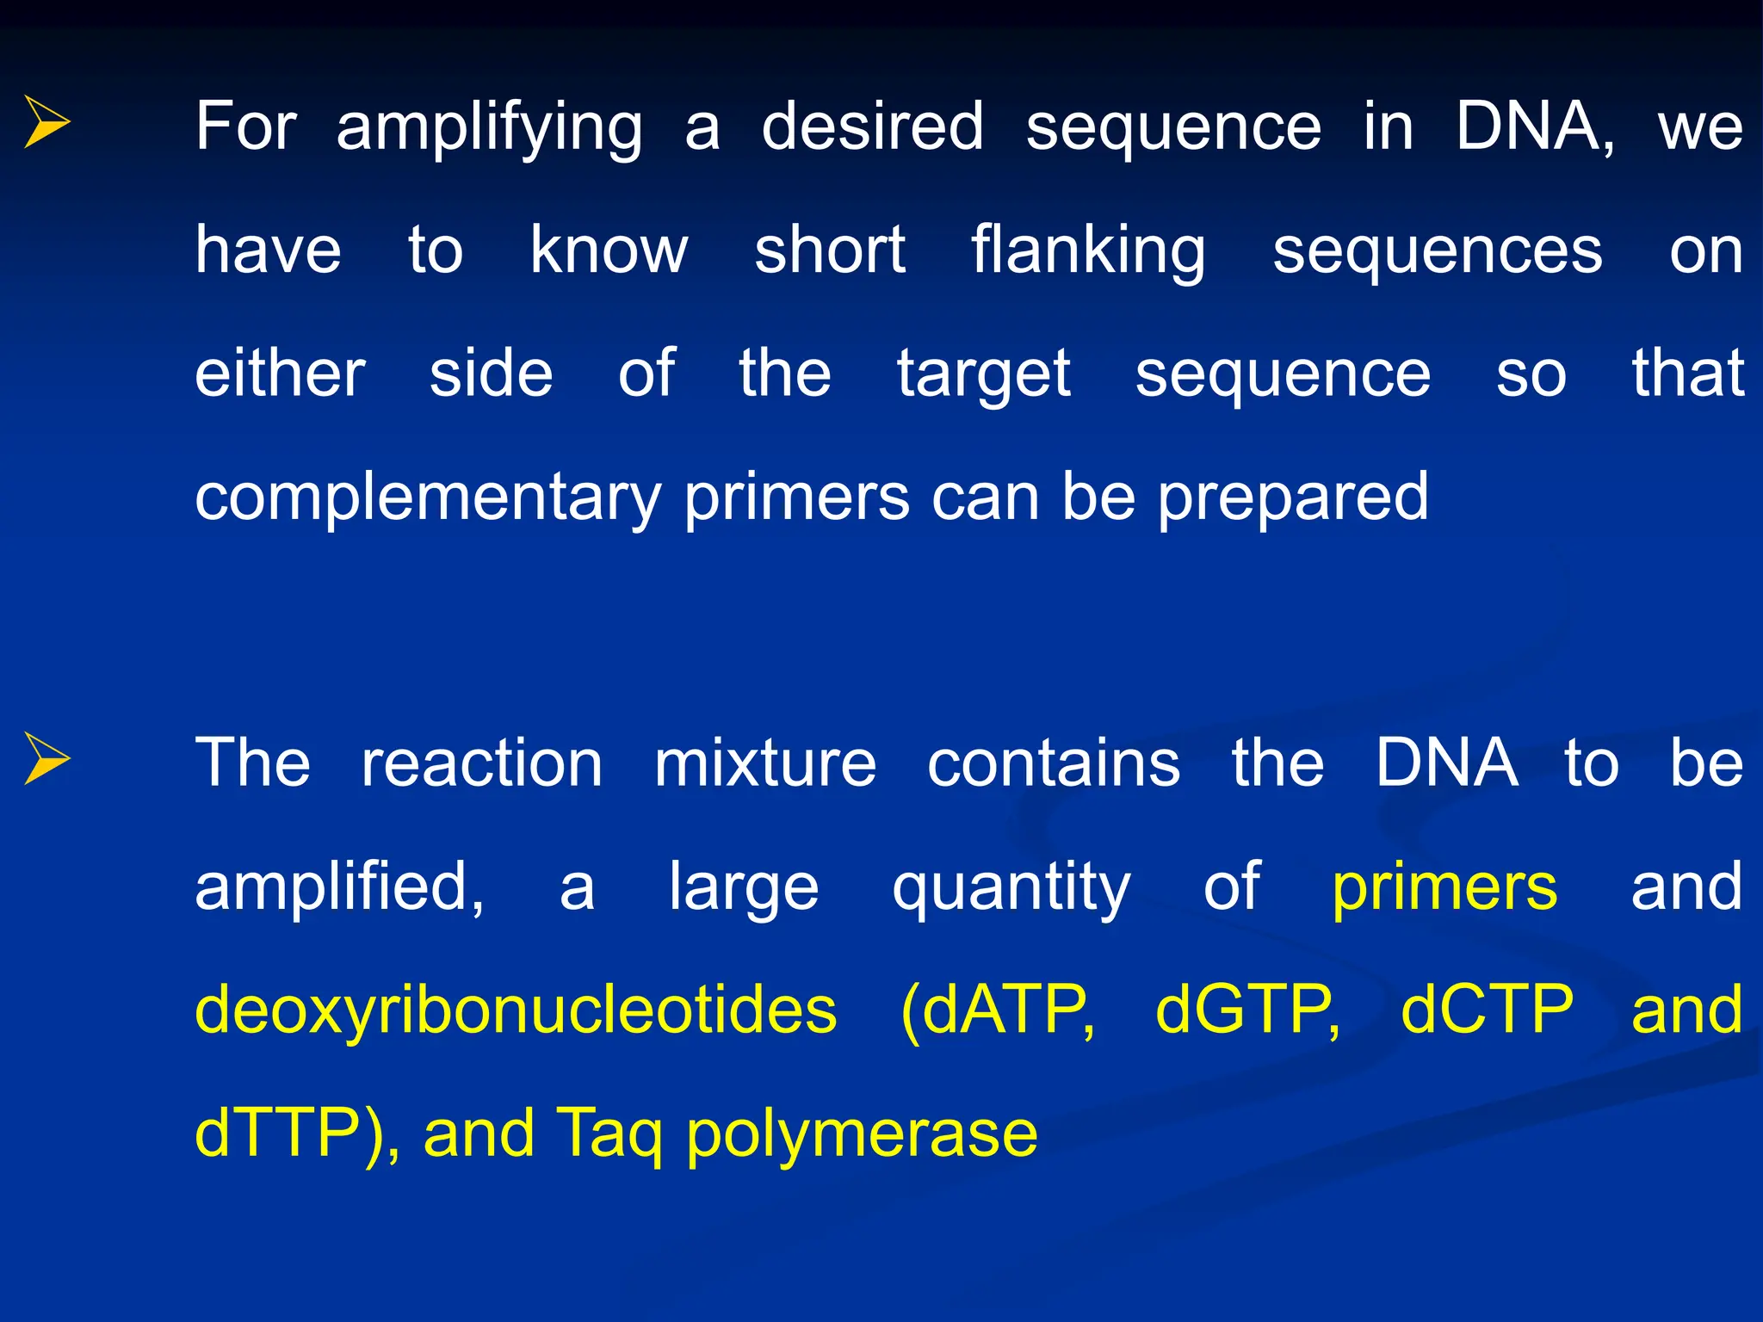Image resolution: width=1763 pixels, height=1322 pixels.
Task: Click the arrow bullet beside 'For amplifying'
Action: tap(47, 122)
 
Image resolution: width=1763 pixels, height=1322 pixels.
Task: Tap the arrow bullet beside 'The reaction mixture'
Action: tap(47, 759)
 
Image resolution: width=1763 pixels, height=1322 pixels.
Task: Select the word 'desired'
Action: tap(872, 127)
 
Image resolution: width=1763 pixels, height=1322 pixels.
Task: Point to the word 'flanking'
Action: tap(1088, 251)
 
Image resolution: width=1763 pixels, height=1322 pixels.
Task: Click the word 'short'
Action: tap(830, 250)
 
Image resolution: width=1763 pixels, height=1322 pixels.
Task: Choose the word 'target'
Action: tap(984, 376)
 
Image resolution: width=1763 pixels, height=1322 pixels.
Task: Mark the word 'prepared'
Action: tap(1292, 499)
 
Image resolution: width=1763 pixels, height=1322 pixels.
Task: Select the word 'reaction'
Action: tap(482, 763)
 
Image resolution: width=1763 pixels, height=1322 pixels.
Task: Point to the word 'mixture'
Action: tap(765, 763)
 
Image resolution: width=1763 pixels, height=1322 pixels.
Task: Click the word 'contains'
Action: tap(1054, 763)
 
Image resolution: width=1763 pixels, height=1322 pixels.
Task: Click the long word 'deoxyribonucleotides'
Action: tap(516, 1011)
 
